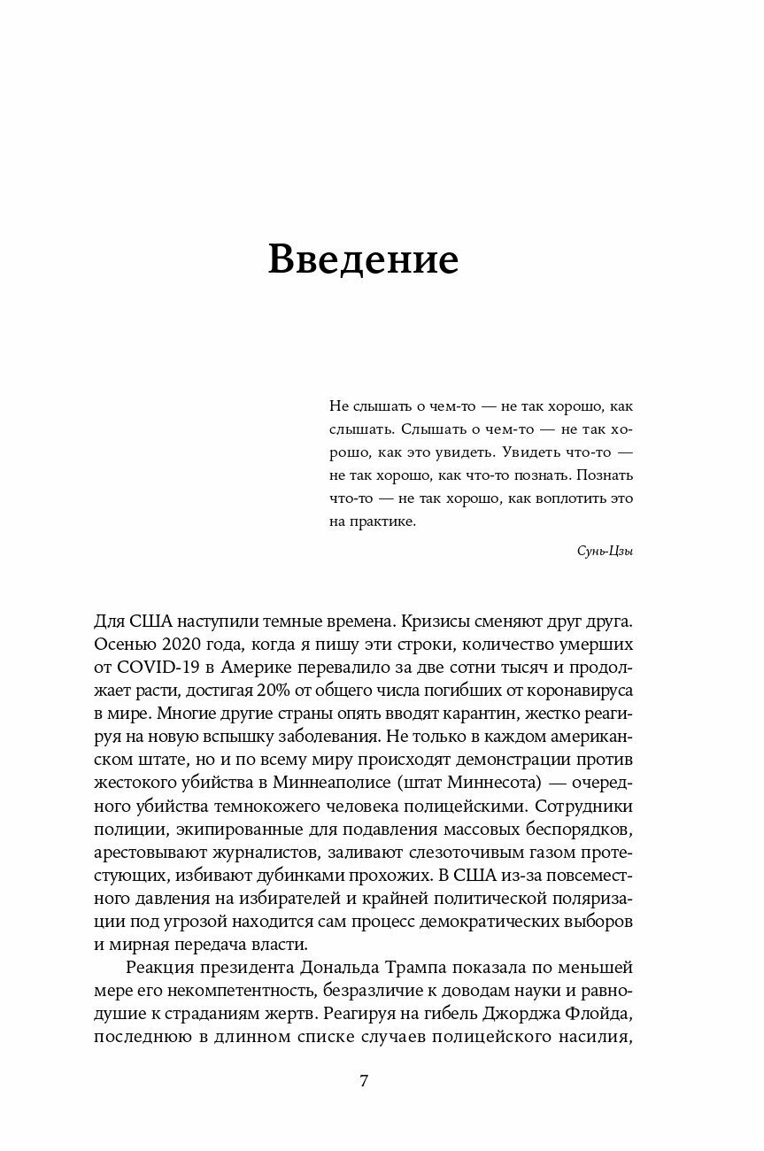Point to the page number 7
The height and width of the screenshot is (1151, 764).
coord(363,1081)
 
